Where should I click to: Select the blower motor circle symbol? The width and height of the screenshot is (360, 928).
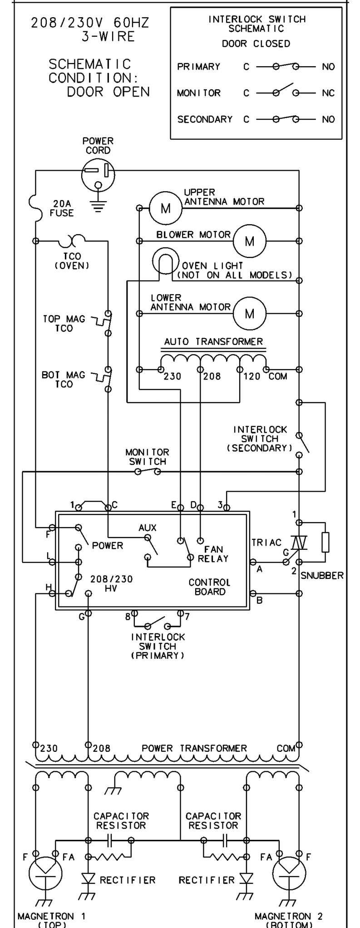249,241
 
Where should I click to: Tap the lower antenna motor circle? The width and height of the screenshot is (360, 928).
249,313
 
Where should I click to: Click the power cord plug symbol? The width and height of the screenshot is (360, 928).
98,174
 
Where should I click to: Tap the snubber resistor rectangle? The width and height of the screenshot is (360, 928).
325,542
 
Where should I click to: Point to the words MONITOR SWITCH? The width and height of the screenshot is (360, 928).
147,457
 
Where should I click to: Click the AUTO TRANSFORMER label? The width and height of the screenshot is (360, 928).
213,341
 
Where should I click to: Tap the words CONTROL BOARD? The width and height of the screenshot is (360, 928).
209,587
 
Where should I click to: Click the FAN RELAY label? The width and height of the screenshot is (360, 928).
212,554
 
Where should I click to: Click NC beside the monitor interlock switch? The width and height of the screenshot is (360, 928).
328,93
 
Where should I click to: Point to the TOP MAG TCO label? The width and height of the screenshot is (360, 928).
64,324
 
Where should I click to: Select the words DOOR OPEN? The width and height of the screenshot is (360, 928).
108,92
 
